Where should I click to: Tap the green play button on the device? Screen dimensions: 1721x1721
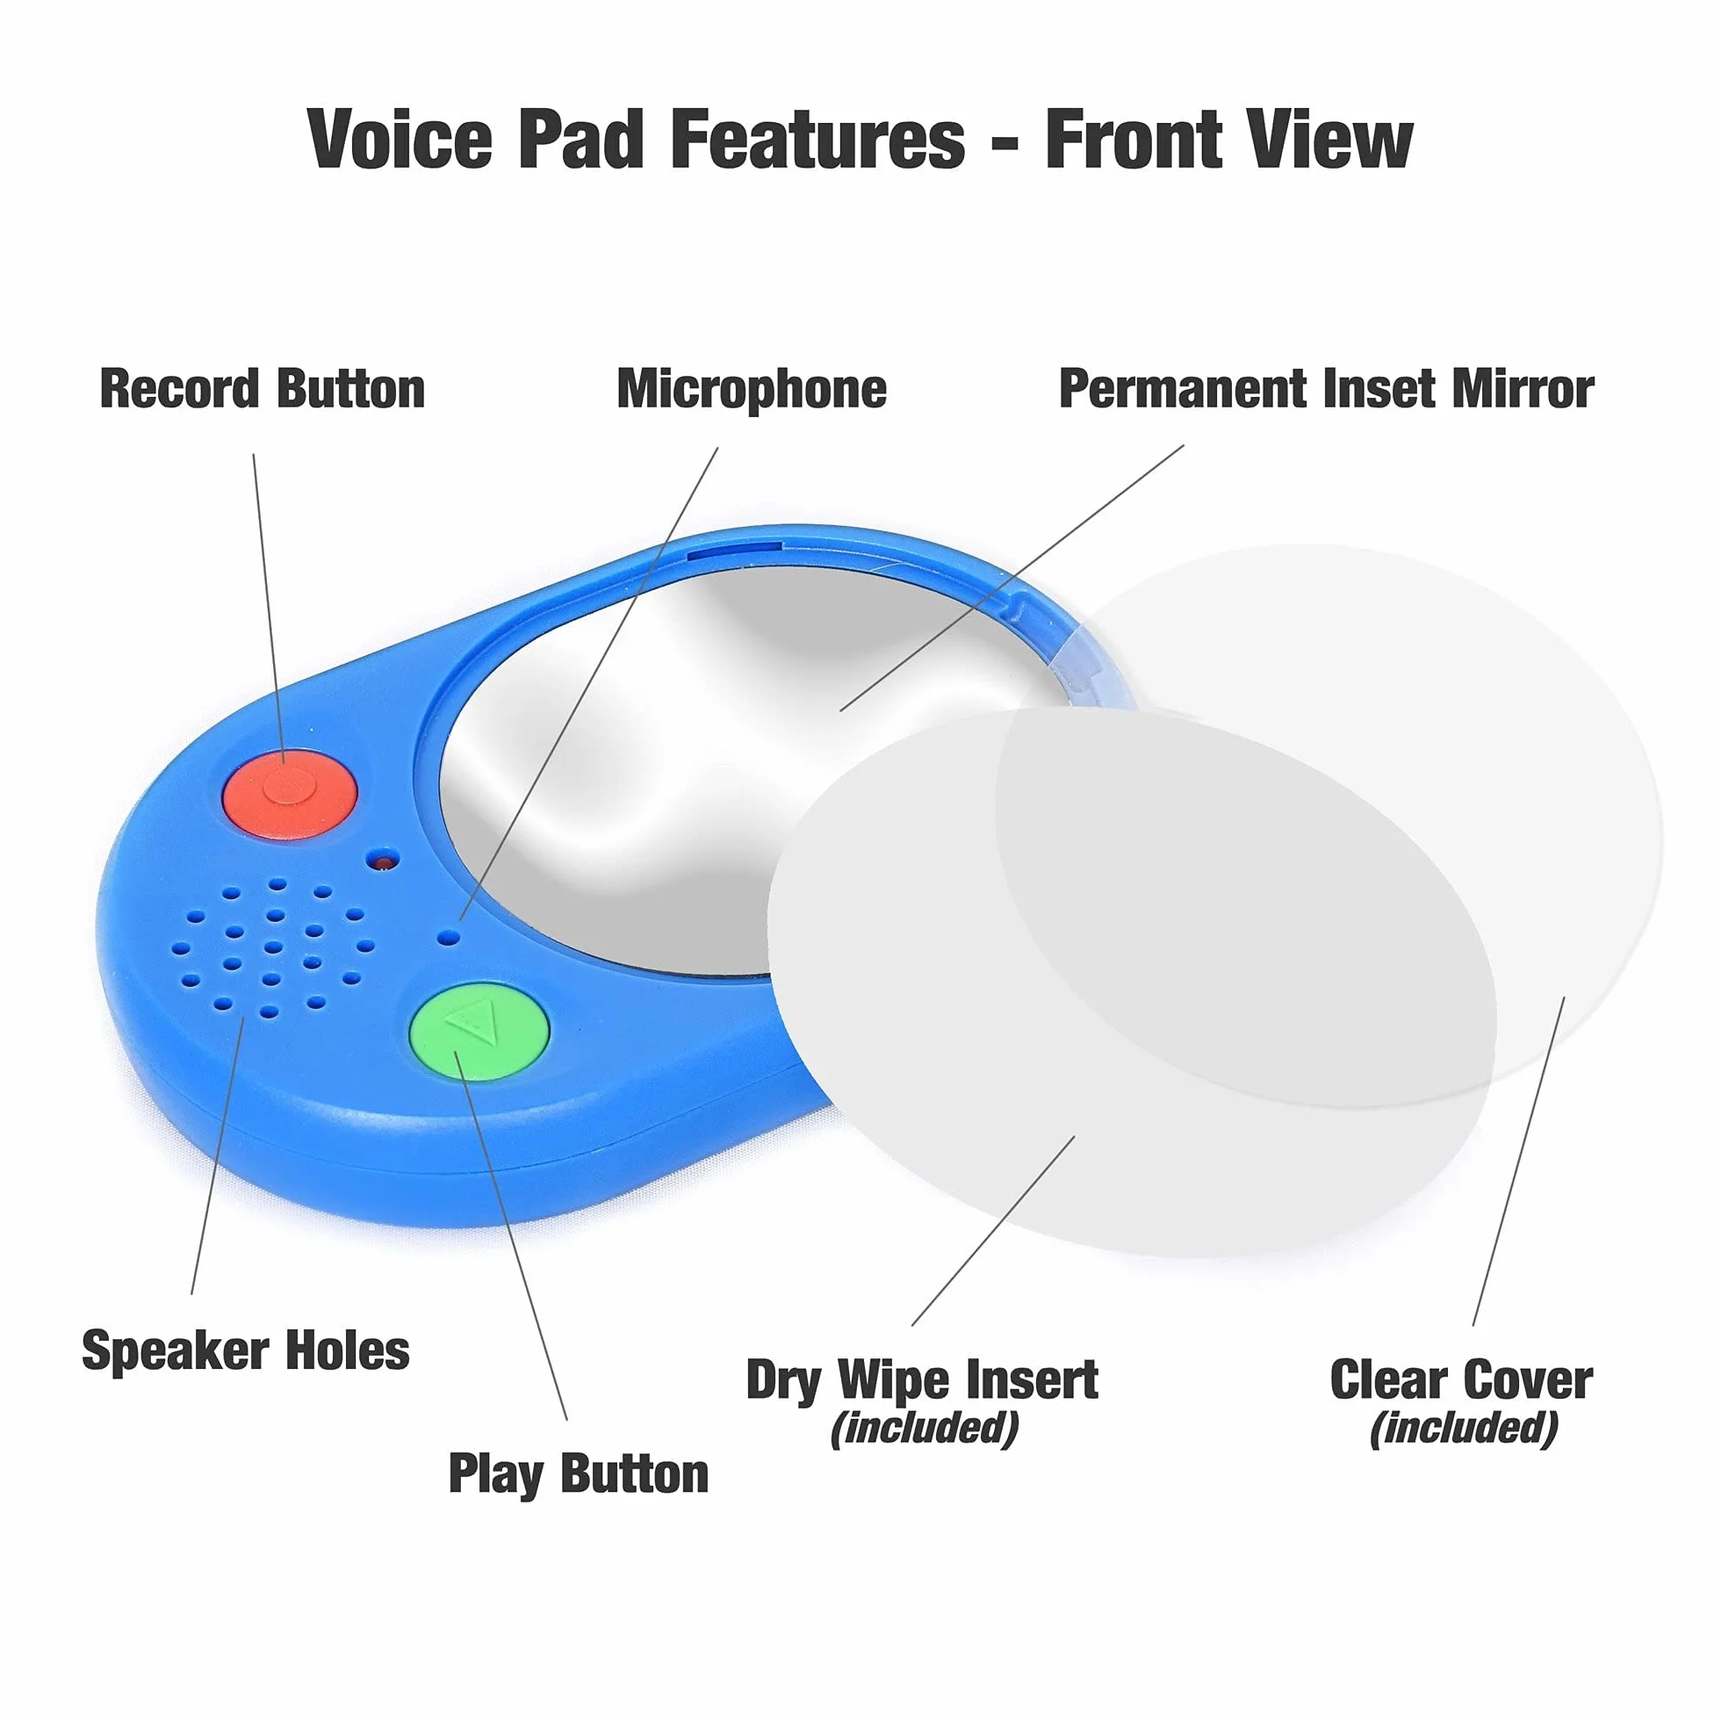tap(479, 1032)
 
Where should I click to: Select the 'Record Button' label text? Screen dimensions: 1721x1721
tap(263, 389)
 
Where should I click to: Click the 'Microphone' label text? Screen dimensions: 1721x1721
tap(752, 390)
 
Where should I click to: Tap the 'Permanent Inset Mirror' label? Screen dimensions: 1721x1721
tap(1327, 389)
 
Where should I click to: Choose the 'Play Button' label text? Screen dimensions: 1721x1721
tap(578, 1474)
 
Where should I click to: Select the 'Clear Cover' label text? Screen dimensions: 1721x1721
tap(1461, 1380)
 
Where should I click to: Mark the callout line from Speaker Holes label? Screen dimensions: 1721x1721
tap(218, 1156)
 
